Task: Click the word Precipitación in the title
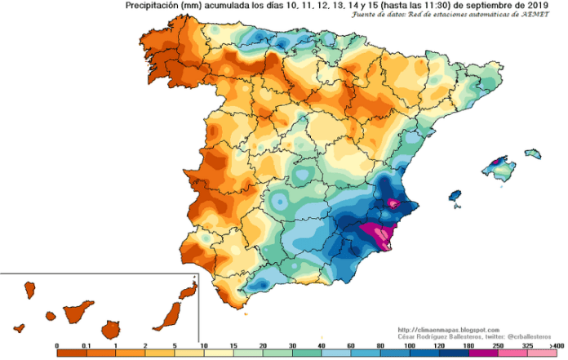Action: (x=156, y=6)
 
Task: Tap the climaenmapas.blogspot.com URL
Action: (x=442, y=328)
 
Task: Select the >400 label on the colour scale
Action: (x=556, y=347)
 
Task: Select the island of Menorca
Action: (x=537, y=154)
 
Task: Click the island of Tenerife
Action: (x=80, y=310)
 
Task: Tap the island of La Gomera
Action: (x=51, y=316)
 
